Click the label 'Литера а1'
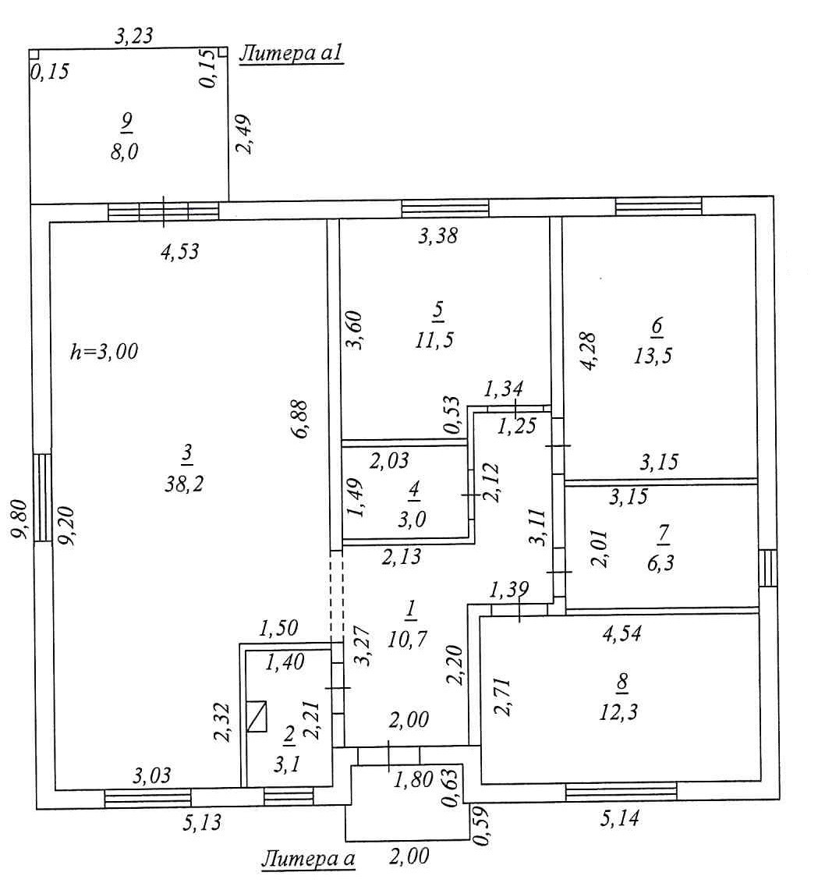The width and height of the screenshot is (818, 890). (291, 54)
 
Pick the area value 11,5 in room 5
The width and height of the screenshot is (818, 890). (437, 339)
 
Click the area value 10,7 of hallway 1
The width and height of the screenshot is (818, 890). (410, 639)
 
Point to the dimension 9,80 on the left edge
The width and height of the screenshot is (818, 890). (21, 519)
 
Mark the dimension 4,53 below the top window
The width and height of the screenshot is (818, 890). (179, 251)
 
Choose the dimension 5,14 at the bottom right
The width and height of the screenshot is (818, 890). (621, 819)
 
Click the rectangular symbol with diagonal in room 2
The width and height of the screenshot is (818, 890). (257, 715)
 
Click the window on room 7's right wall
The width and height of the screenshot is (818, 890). (767, 567)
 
